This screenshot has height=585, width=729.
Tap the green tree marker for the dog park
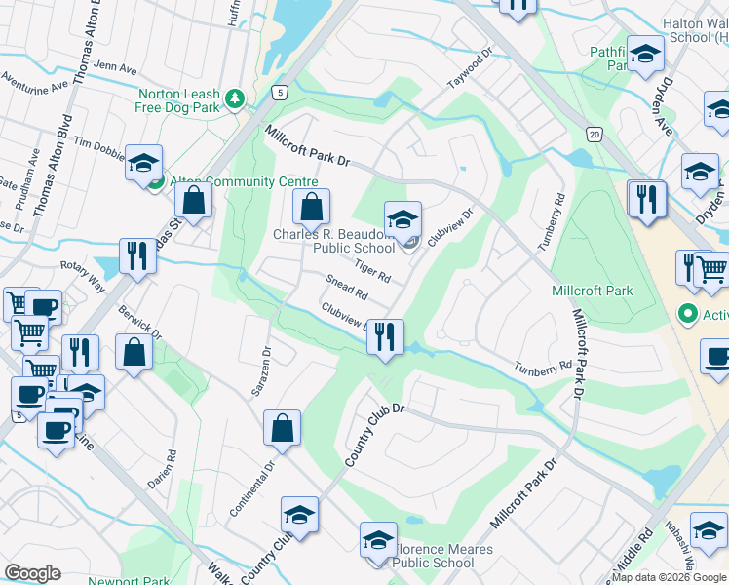[234, 98]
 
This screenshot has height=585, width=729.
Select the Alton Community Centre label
[244, 182]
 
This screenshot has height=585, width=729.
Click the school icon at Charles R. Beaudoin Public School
[403, 220]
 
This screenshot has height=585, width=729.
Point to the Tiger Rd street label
[372, 272]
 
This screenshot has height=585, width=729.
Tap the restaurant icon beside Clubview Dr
[386, 337]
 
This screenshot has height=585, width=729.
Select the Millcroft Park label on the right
[592, 291]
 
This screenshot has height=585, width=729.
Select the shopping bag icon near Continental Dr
[282, 428]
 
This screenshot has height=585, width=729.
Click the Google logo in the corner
[32, 573]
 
